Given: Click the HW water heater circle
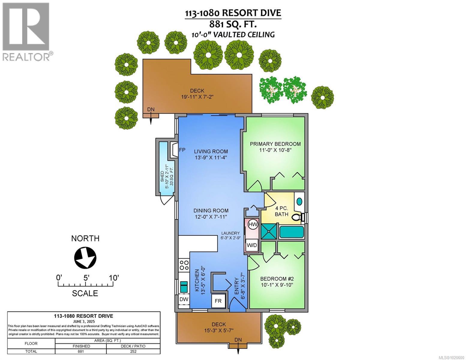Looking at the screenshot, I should (253, 224).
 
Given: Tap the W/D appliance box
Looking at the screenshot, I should (252, 245).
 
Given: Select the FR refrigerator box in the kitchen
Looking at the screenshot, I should (218, 301).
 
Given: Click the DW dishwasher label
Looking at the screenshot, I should (184, 299).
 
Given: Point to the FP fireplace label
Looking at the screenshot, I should (182, 150).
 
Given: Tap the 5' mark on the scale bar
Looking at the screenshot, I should (86, 278).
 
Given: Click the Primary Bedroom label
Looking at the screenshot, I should (275, 144).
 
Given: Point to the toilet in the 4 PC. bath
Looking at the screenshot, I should (297, 217).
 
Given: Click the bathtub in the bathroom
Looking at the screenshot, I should (291, 232).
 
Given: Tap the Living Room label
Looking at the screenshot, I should (211, 151).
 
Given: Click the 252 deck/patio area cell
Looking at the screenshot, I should (133, 351).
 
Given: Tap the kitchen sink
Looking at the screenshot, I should (184, 287).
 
